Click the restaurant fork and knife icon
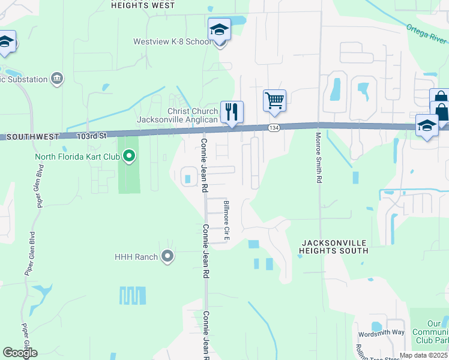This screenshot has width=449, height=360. (x=231, y=111)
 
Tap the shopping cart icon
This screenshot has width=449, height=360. (x=274, y=100)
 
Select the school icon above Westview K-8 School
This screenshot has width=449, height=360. (x=219, y=30)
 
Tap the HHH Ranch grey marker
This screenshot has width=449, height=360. (x=167, y=257)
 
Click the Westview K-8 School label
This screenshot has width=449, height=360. (x=172, y=42)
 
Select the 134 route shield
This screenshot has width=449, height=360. (x=274, y=128)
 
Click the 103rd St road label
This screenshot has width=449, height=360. (x=91, y=136)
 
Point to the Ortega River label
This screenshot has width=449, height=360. (x=426, y=34)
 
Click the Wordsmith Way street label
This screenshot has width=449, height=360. (x=381, y=333)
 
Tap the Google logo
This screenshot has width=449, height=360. (x=20, y=352)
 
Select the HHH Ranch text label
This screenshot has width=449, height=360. (x=136, y=257)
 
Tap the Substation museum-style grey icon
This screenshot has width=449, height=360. (x=57, y=78)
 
